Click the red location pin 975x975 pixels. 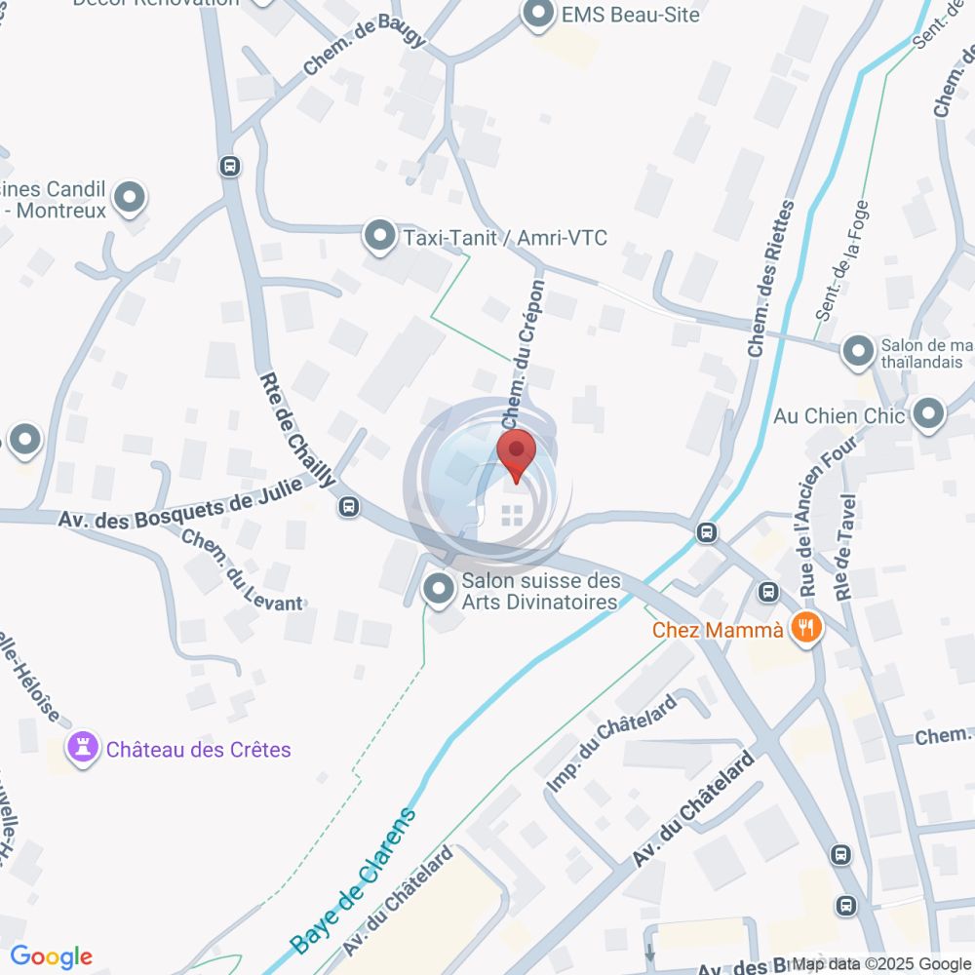[517, 454]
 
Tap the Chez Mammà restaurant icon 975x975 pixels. [805, 628]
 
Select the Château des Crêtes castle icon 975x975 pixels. [83, 749]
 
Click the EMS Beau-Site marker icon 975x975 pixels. [536, 15]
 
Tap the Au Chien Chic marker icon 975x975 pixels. [929, 414]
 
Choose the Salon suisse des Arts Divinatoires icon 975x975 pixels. [439, 589]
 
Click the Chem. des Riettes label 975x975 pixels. [771, 279]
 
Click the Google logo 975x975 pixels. [51, 957]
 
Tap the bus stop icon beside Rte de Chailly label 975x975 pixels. [349, 506]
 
